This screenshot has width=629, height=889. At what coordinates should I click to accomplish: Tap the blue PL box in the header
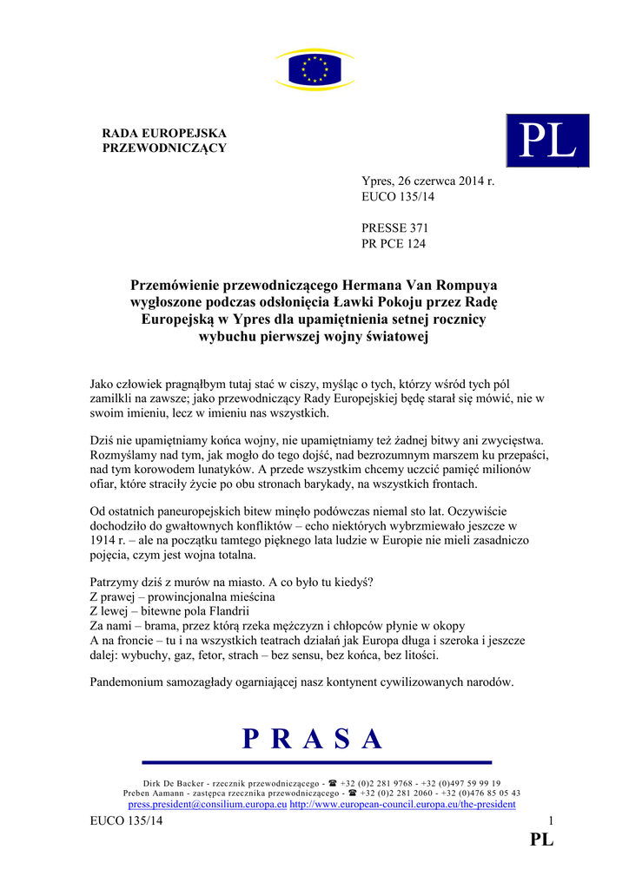[x=547, y=141]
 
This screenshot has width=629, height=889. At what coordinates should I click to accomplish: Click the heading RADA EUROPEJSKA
[x=164, y=133]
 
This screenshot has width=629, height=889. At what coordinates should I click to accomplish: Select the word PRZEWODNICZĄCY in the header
[x=164, y=148]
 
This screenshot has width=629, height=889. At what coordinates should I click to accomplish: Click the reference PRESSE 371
[x=394, y=227]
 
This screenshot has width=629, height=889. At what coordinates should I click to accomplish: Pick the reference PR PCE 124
[x=394, y=243]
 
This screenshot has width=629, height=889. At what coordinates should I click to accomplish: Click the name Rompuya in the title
[x=468, y=284]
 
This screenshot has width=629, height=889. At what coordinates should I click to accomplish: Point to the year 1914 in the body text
[x=104, y=541]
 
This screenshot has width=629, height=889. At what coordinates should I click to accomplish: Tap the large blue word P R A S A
[x=313, y=738]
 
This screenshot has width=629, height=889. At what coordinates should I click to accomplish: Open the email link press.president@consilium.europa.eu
[x=208, y=805]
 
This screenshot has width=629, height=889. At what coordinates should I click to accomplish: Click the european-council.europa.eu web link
[x=403, y=805]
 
